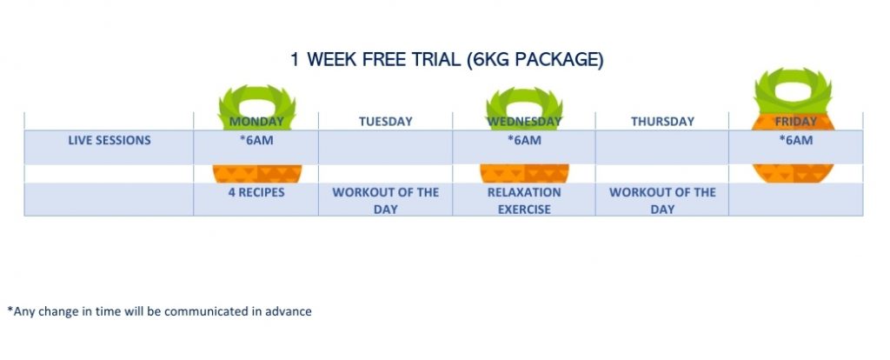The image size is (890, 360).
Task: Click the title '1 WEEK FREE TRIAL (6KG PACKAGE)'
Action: [x=447, y=60]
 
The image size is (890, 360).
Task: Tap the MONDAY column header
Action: [x=256, y=122]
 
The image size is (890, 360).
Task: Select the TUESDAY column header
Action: [x=385, y=122]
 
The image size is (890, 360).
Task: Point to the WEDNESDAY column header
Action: [x=524, y=122]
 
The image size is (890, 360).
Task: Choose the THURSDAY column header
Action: [x=662, y=122]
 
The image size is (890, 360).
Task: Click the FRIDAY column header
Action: [x=796, y=122]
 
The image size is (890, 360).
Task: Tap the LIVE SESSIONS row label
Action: [x=110, y=140]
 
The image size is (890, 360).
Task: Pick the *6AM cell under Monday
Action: [x=256, y=140]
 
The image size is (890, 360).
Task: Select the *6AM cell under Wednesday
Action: [x=524, y=140]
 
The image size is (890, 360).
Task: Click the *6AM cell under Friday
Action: [x=796, y=140]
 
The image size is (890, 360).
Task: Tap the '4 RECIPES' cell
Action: [x=256, y=192]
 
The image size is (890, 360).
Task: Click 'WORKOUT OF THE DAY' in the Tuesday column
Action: [x=385, y=201]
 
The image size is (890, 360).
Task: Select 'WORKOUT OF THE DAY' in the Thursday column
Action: [x=662, y=201]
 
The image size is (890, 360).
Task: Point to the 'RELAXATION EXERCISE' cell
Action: [x=524, y=201]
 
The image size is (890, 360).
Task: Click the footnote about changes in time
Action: [x=160, y=311]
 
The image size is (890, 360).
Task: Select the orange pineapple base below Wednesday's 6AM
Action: [x=524, y=174]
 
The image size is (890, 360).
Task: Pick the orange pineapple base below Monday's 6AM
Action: [x=256, y=174]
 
